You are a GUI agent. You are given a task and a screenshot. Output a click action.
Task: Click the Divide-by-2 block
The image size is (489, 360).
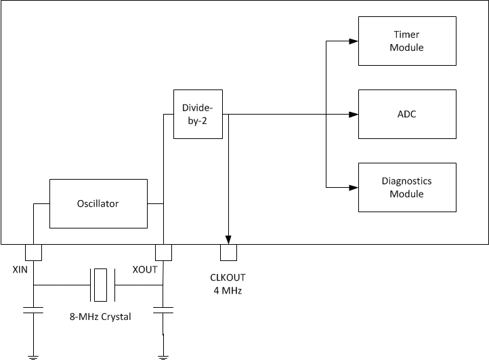pyautogui.click(x=198, y=114)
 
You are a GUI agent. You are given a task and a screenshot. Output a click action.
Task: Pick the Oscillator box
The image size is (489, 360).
pyautogui.click(x=98, y=203)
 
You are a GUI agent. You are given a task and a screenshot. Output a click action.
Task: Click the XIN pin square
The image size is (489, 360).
pyautogui.click(x=33, y=252)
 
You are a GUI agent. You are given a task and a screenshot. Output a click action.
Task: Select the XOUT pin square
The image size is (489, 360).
pyautogui.click(x=163, y=252)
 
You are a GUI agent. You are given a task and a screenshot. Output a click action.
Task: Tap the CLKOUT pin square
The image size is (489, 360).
pyautogui.click(x=229, y=252)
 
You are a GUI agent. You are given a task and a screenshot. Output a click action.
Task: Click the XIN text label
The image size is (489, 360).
pyautogui.click(x=21, y=270)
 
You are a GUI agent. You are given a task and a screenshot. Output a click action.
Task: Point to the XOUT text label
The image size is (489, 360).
pyautogui.click(x=146, y=270)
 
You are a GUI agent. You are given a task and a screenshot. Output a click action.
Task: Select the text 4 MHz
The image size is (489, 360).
pyautogui.click(x=229, y=291)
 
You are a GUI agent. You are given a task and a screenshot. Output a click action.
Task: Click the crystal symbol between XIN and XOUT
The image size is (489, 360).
pyautogui.click(x=101, y=285)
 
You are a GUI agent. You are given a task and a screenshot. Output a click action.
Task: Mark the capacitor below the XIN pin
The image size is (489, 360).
pyautogui.click(x=33, y=311)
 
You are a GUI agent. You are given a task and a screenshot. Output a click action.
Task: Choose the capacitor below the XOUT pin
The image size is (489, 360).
pyautogui.click(x=163, y=311)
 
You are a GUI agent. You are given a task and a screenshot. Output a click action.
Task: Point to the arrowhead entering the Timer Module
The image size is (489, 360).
pyautogui.click(x=353, y=41)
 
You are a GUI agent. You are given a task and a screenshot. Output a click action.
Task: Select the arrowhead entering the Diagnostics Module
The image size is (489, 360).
pyautogui.click(x=353, y=188)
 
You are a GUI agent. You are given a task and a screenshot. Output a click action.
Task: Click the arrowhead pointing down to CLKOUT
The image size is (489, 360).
pyautogui.click(x=229, y=239)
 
